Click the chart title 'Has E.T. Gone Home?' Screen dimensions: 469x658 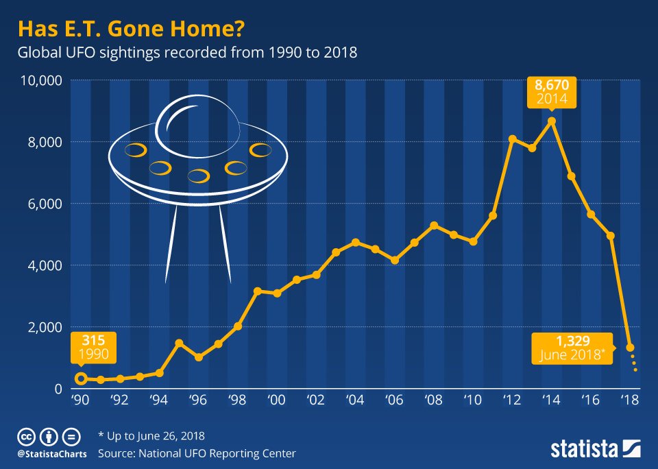(130, 30)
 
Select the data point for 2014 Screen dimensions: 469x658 (552, 121)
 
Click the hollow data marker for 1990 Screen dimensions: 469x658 (81, 378)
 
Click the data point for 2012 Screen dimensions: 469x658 (512, 139)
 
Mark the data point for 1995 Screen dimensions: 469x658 (179, 343)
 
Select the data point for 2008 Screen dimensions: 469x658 (434, 226)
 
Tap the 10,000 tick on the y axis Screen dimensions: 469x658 (42, 80)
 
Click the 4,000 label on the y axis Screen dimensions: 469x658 (45, 265)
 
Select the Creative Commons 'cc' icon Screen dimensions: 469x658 (27, 436)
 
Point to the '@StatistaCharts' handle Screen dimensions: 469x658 (51, 453)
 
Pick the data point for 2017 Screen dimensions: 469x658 (611, 236)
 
